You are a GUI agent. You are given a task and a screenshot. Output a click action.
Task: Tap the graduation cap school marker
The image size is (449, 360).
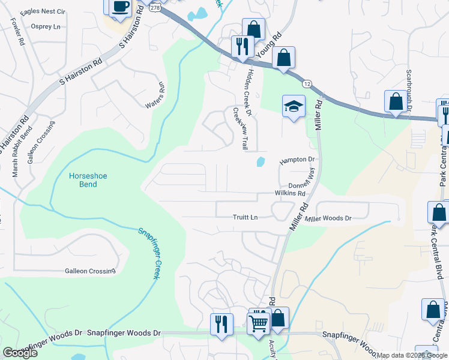(x=294, y=107)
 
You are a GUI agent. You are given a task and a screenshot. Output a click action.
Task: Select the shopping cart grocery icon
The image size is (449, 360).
(x=259, y=322)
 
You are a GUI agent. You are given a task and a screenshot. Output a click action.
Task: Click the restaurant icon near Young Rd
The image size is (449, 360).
(x=243, y=47)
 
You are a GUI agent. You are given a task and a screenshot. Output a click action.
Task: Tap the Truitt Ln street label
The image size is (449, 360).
(x=246, y=217)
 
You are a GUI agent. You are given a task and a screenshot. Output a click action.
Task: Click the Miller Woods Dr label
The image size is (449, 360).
(x=328, y=218)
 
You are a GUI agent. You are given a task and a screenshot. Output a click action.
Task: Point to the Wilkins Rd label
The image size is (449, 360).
(x=291, y=194)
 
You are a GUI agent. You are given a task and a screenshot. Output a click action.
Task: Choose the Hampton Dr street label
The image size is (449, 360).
(x=297, y=160)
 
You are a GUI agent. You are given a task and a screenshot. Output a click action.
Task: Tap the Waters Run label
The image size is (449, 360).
(x=154, y=95)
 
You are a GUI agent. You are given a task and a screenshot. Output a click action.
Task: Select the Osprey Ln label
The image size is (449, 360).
(x=48, y=27)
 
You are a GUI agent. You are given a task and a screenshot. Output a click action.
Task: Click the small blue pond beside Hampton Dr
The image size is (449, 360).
(x=261, y=161)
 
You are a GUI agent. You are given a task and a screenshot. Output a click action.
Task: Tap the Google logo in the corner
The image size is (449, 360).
(x=20, y=353)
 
